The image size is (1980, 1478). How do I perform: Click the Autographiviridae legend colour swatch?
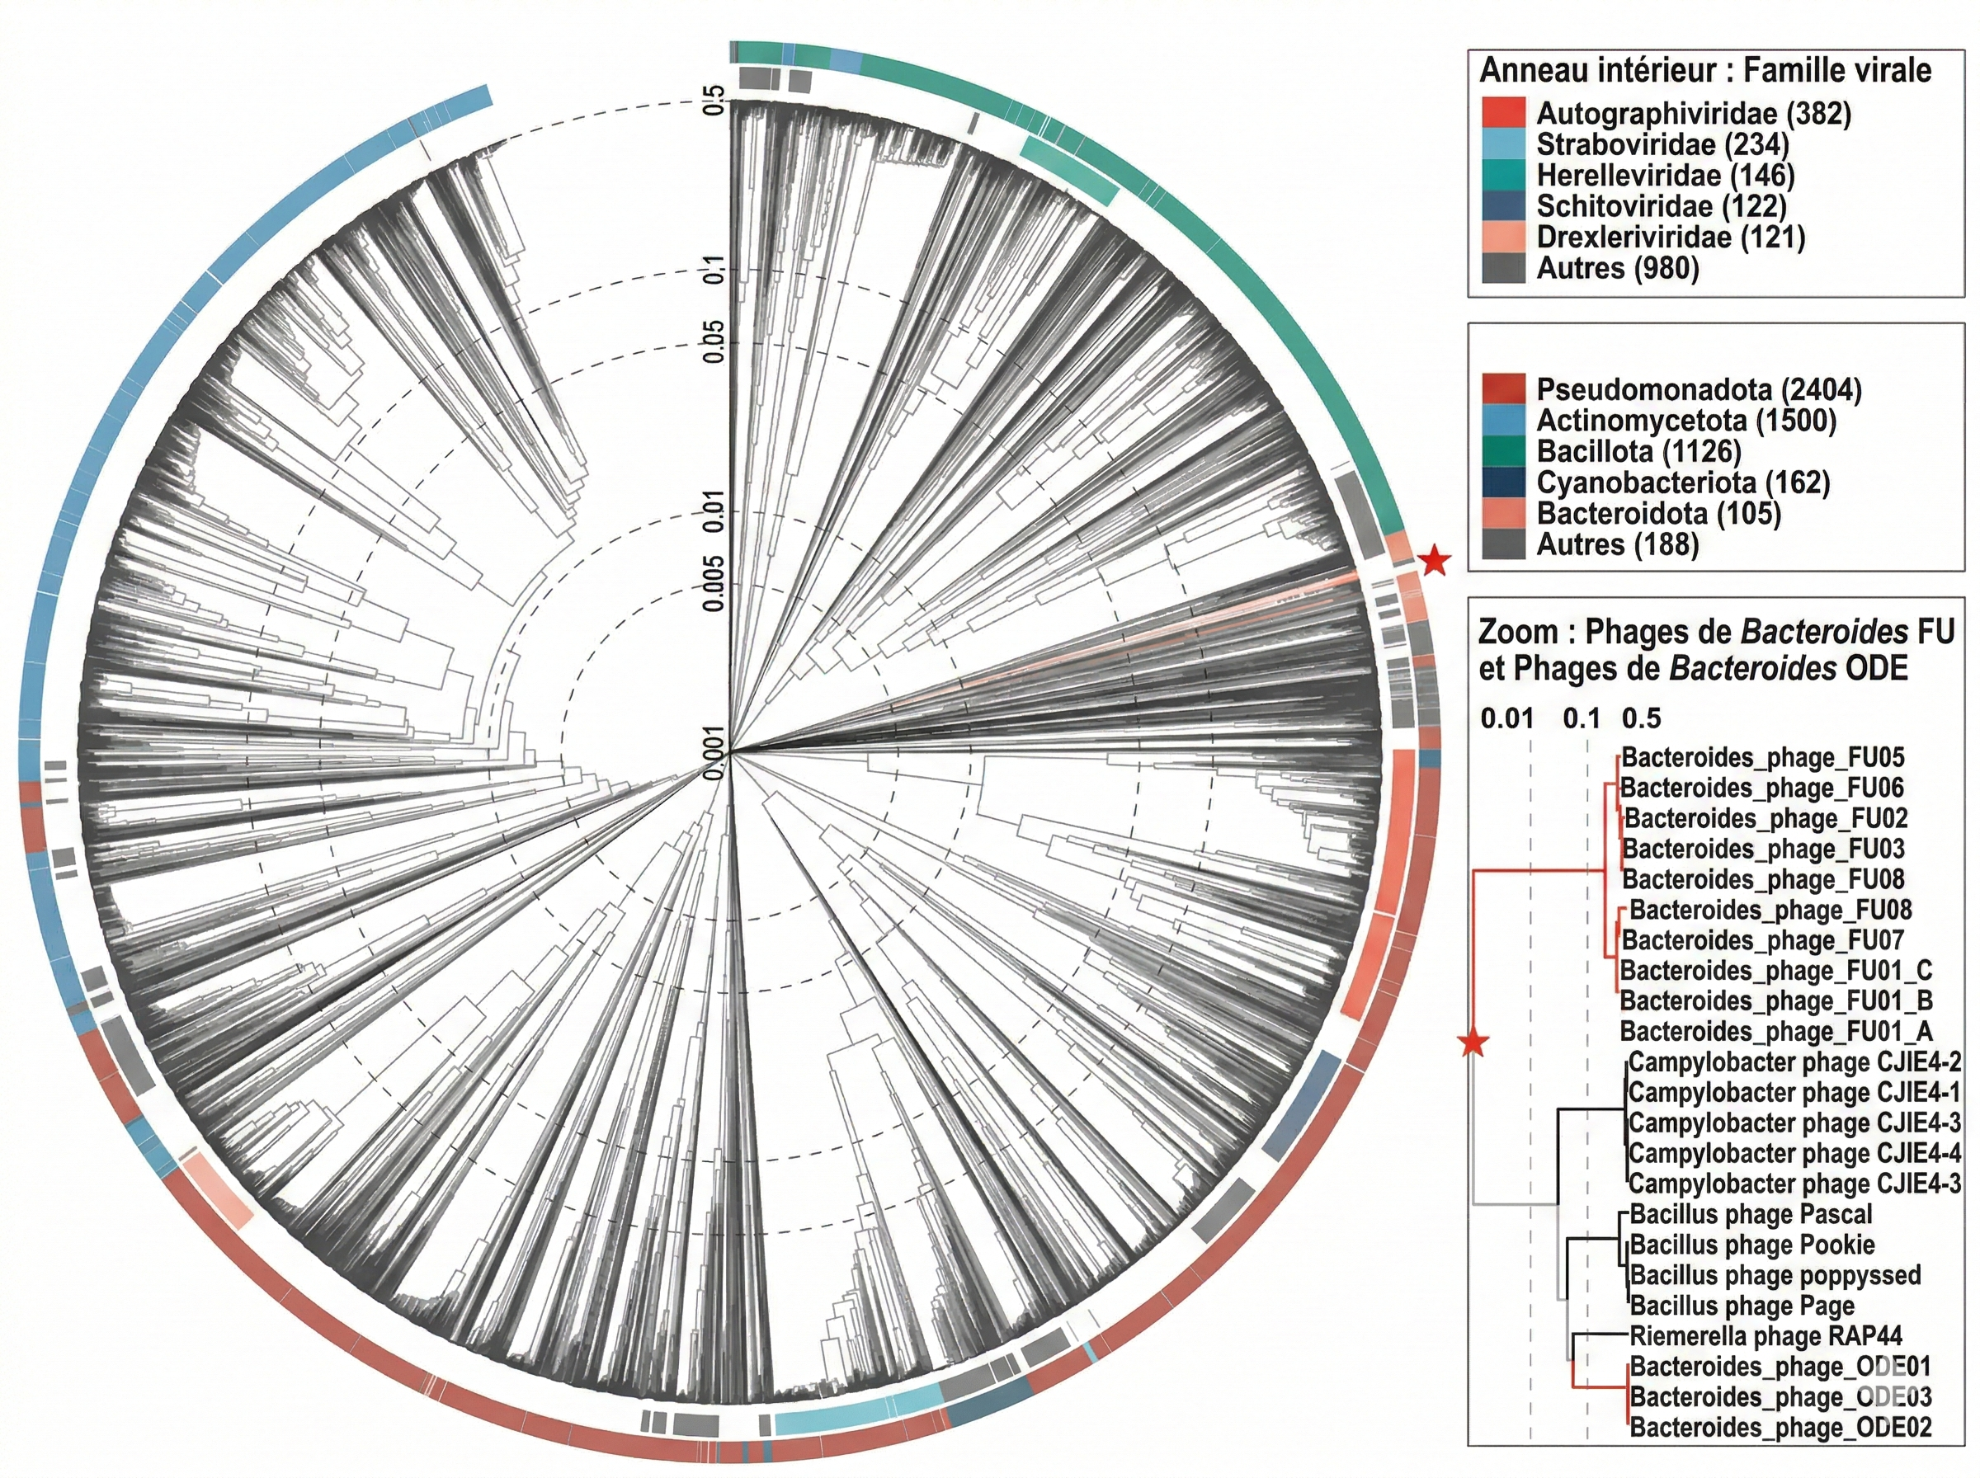point(1503,114)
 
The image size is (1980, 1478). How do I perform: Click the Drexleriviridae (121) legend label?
point(1671,237)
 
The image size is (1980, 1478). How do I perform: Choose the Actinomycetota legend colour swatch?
point(1503,421)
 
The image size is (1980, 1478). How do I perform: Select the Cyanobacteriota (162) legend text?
point(1683,482)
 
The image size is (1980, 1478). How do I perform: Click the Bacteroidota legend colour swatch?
point(1503,514)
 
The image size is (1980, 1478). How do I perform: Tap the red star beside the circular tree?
point(1434,561)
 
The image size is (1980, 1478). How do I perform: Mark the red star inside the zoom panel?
point(1473,1043)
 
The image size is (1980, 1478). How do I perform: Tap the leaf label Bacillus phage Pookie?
point(1751,1245)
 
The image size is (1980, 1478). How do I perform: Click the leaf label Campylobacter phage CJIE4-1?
point(1794,1092)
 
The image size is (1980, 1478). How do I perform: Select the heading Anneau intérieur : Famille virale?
point(1705,70)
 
